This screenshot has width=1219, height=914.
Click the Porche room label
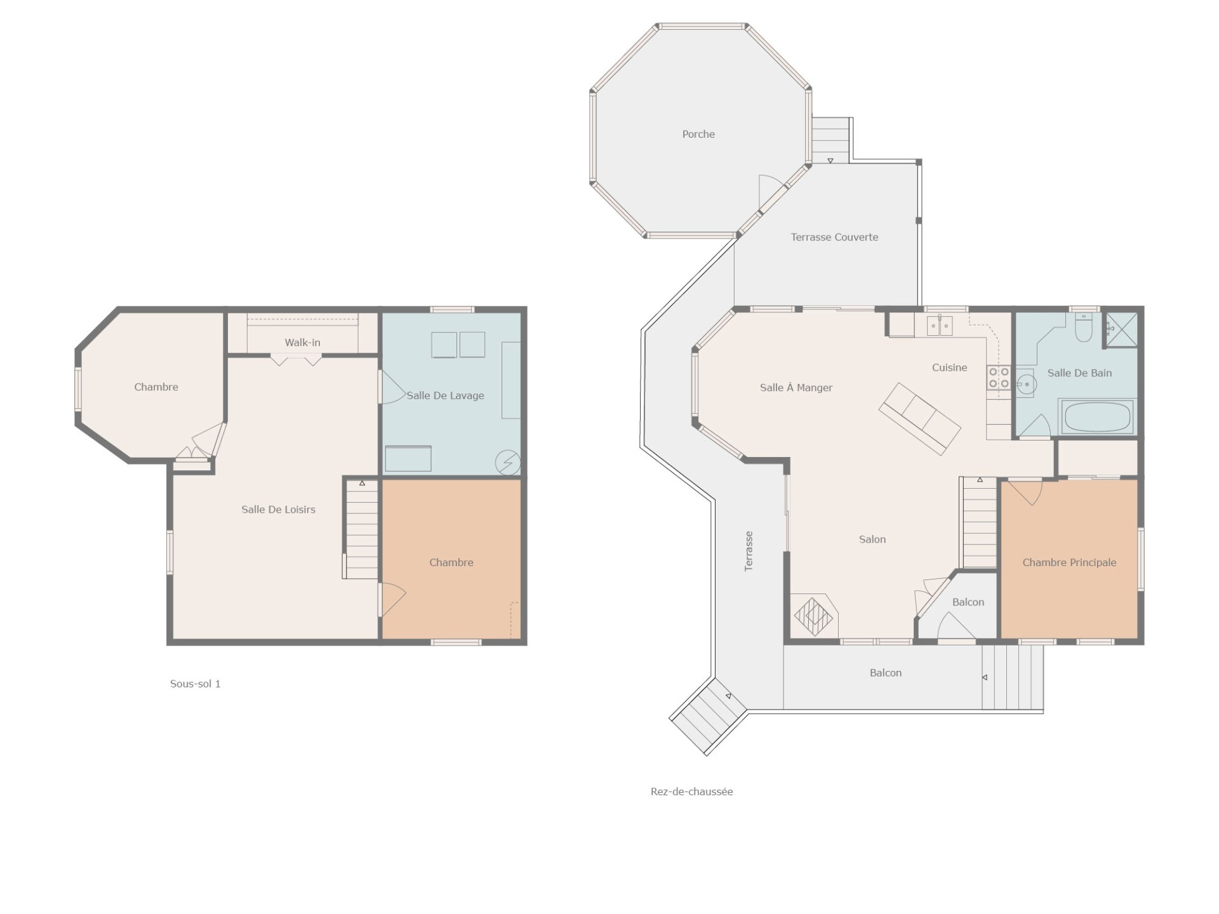698,134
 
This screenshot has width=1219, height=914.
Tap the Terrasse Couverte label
834,237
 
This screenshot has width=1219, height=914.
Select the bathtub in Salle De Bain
1096,416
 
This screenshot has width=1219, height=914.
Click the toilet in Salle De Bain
1084,328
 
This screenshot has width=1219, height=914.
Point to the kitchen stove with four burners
999,378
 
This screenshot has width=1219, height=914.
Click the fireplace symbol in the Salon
814,615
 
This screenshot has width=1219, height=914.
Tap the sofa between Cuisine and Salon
919,418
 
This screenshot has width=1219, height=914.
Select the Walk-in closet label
302,342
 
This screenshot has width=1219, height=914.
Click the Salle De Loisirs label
278,509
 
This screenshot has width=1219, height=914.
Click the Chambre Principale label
1069,562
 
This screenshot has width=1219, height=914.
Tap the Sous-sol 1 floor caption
195,684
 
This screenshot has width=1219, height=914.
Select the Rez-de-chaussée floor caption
691,791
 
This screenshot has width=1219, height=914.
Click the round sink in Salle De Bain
1025,384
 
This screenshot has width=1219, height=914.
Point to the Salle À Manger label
796,387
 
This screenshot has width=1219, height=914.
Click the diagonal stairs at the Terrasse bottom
709,716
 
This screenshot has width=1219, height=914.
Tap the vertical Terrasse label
749,551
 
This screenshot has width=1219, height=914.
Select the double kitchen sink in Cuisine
940,325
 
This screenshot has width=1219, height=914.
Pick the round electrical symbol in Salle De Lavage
508,462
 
